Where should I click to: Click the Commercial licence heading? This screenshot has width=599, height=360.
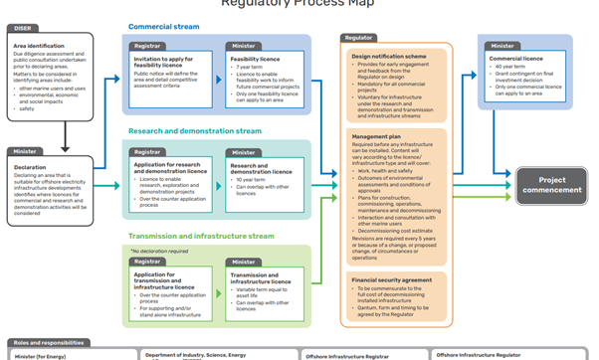click(515, 60)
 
